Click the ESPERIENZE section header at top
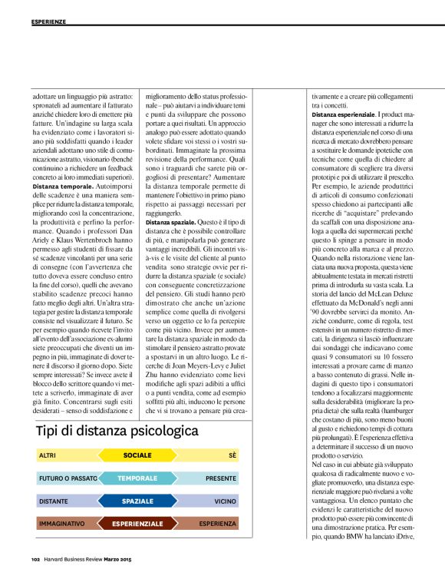point(49,21)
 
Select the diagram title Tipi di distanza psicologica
point(112,431)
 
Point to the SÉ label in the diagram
point(232,456)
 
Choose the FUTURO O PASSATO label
point(68,478)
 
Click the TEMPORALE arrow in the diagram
point(137,478)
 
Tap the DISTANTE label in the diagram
point(53,501)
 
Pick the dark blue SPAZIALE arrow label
point(137,501)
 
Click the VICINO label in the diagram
point(226,501)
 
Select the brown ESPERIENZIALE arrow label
point(137,524)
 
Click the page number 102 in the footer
point(35,558)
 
